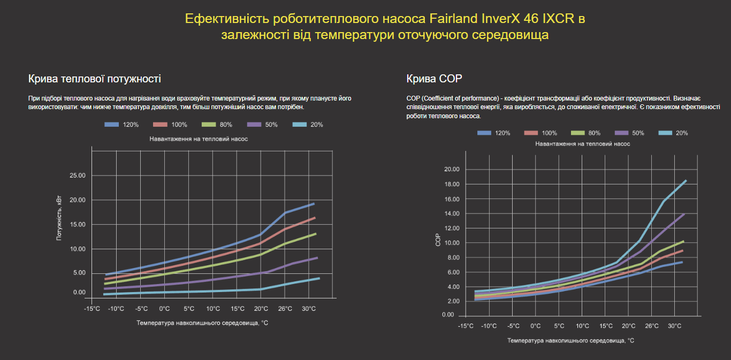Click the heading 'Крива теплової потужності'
tap(94, 79)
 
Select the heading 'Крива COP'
tap(434, 79)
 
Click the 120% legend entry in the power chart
tap(122, 125)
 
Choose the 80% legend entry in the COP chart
tap(586, 133)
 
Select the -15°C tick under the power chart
tap(92, 309)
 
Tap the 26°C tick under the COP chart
tap(652, 326)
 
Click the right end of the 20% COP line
tap(686, 181)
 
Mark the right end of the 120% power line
tap(314, 204)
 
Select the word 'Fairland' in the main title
tap(455, 19)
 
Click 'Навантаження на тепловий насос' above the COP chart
tap(582, 143)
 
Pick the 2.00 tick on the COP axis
tap(452, 301)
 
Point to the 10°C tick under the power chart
tap(213, 309)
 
